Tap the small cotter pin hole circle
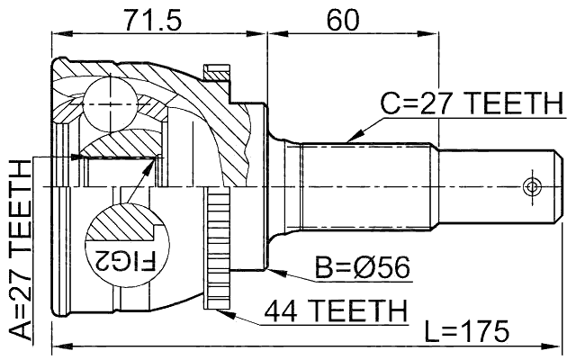pyautogui.click(x=531, y=188)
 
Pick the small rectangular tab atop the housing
pyautogui.click(x=218, y=71)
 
